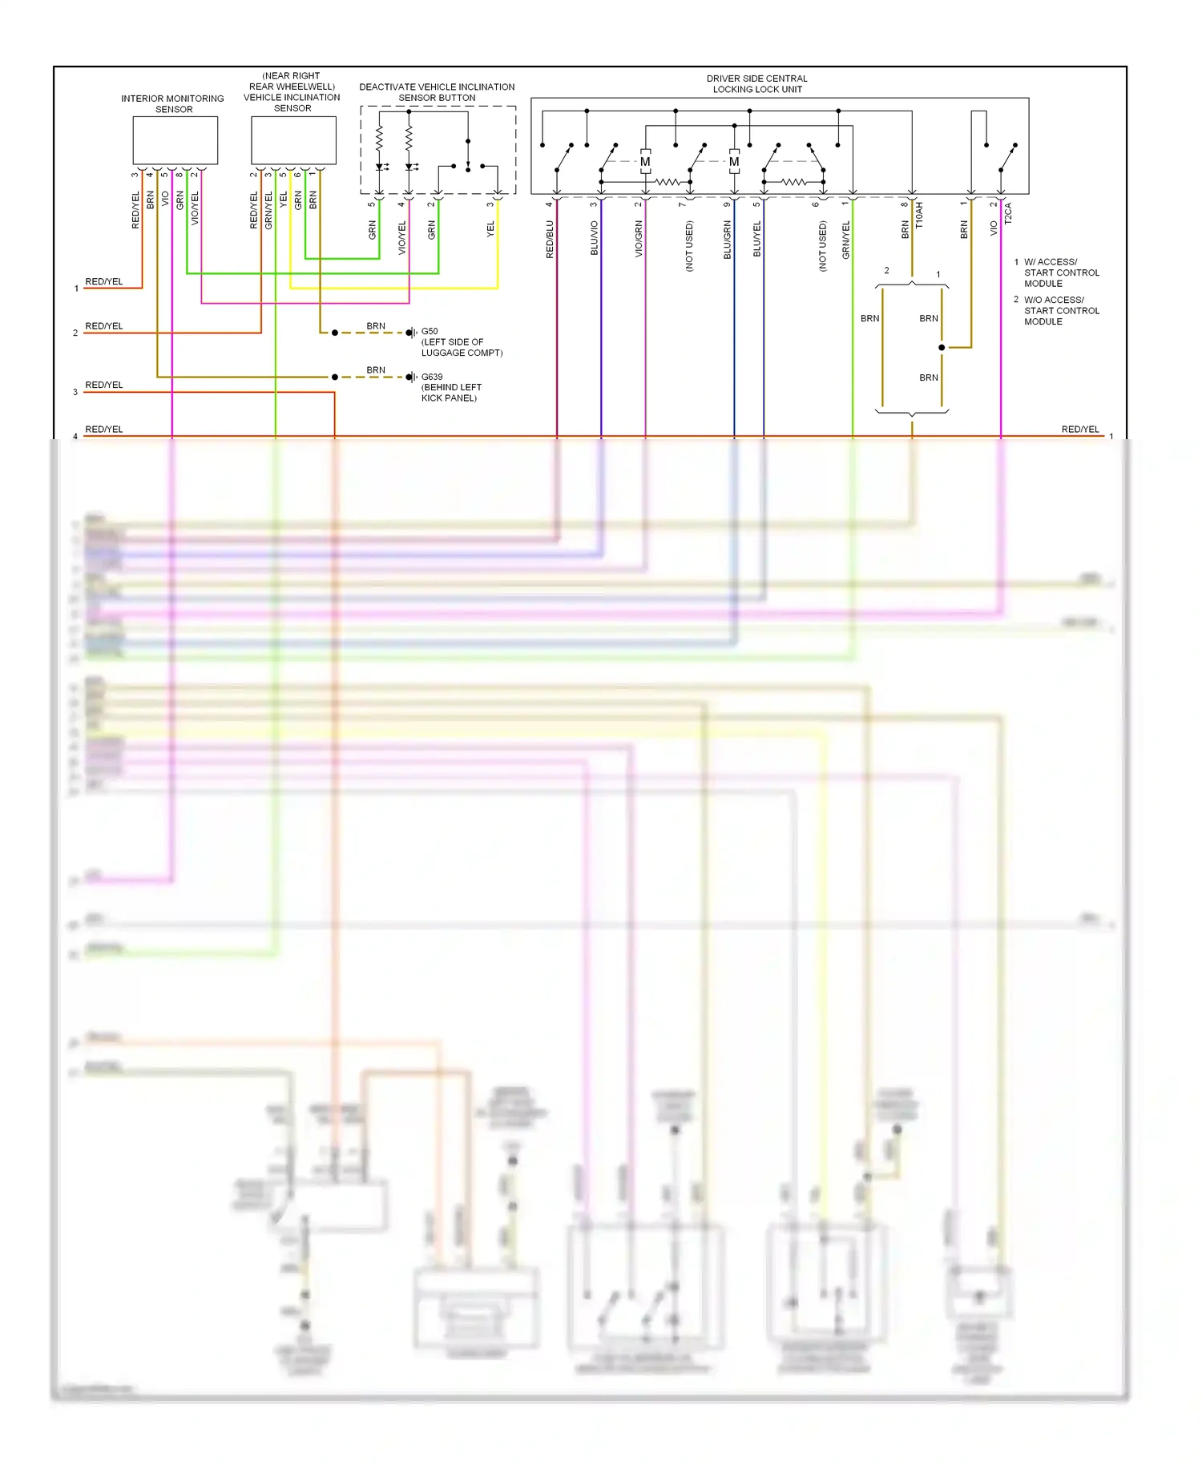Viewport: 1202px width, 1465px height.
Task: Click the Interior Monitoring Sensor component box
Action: [175, 140]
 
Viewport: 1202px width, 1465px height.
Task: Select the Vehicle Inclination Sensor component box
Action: [293, 140]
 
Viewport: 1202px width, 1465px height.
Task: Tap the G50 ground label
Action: [430, 331]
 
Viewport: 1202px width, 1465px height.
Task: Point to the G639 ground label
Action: [432, 377]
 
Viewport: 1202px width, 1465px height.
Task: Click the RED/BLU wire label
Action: [550, 240]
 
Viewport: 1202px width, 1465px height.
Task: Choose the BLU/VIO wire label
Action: [595, 238]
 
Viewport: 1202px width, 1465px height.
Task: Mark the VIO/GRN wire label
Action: [639, 239]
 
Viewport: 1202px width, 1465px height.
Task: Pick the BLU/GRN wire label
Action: [728, 240]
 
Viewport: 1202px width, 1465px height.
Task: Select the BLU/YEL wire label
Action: [757, 239]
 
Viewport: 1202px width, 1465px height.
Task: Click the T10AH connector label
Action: [919, 215]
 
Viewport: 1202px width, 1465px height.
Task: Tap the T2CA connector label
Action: [1008, 213]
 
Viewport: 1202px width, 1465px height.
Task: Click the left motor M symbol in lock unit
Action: [645, 162]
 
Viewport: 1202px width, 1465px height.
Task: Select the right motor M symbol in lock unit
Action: [734, 162]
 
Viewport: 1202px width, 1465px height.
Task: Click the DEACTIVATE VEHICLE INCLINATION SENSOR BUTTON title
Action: [437, 92]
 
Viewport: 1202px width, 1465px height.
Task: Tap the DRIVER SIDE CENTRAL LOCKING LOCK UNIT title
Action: [757, 84]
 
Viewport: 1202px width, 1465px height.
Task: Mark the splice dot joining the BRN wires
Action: [942, 347]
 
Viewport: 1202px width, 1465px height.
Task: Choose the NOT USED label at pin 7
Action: [689, 247]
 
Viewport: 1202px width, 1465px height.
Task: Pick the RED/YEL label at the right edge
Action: [1080, 430]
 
